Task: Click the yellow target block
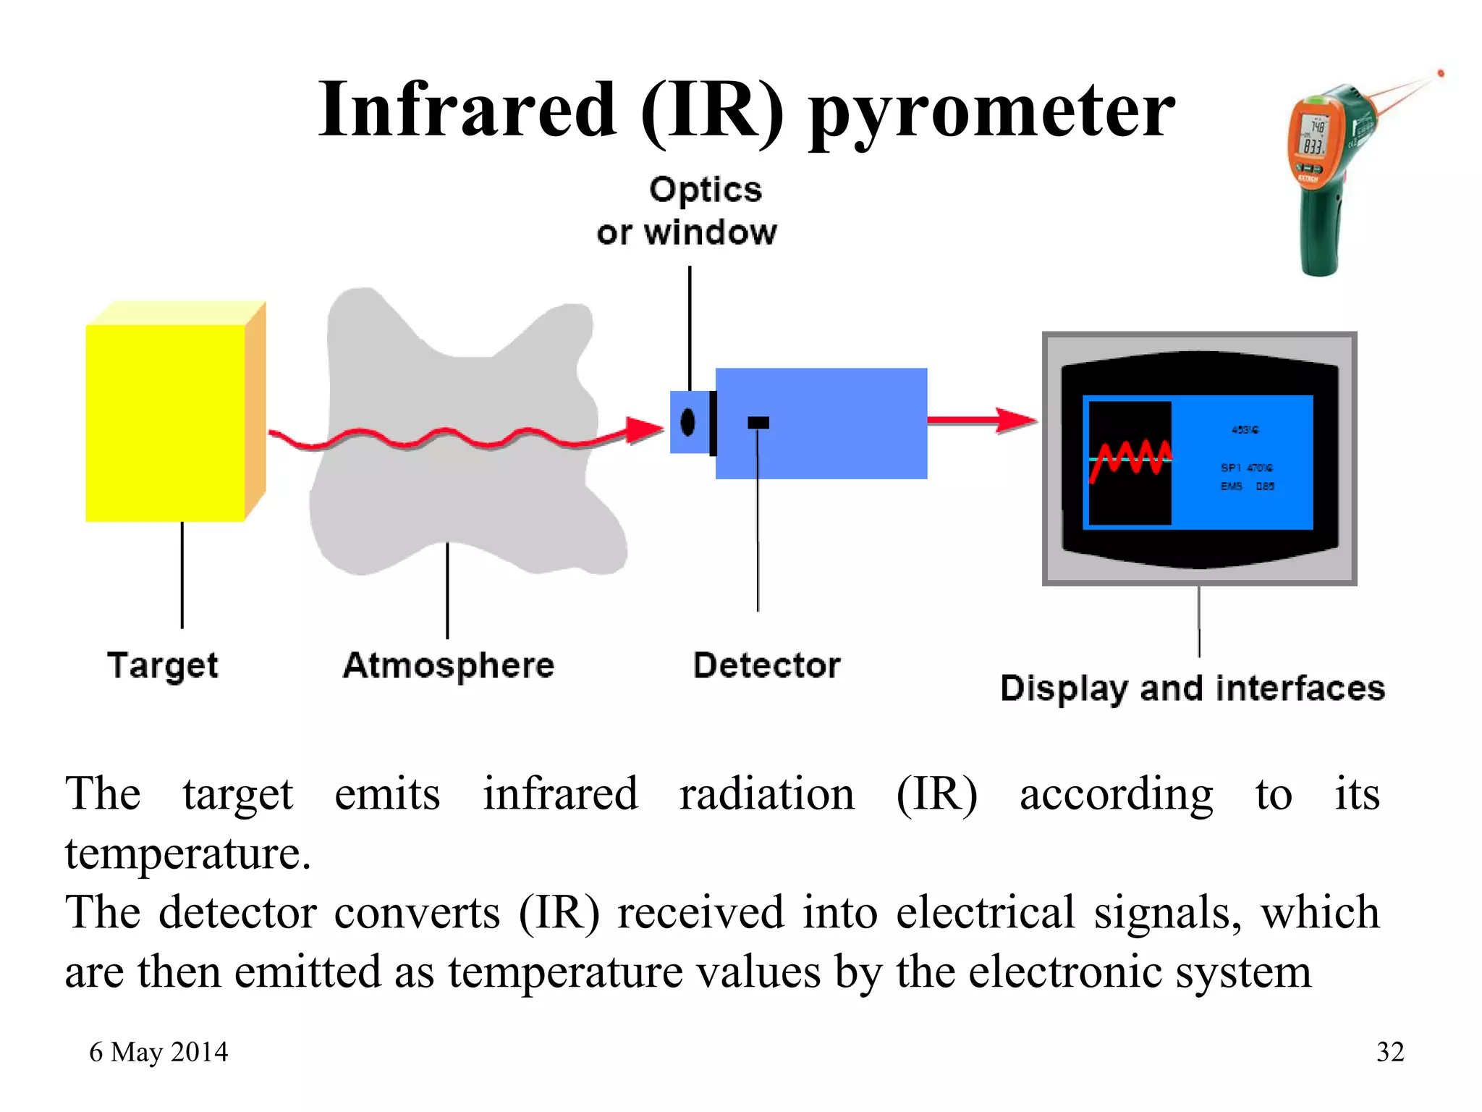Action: (166, 423)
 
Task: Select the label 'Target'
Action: (163, 665)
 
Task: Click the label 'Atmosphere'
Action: (449, 665)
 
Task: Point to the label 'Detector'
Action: (767, 665)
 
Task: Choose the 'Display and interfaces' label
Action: (1193, 688)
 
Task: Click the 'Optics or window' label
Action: (687, 211)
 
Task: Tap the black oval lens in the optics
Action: (687, 422)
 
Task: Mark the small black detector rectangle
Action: (758, 422)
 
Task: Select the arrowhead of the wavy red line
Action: (644, 429)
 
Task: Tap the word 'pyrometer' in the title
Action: (991, 112)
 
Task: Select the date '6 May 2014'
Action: (158, 1052)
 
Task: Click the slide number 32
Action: (1390, 1052)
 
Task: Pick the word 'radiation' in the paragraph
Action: (767, 794)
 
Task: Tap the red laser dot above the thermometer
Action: (1441, 73)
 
